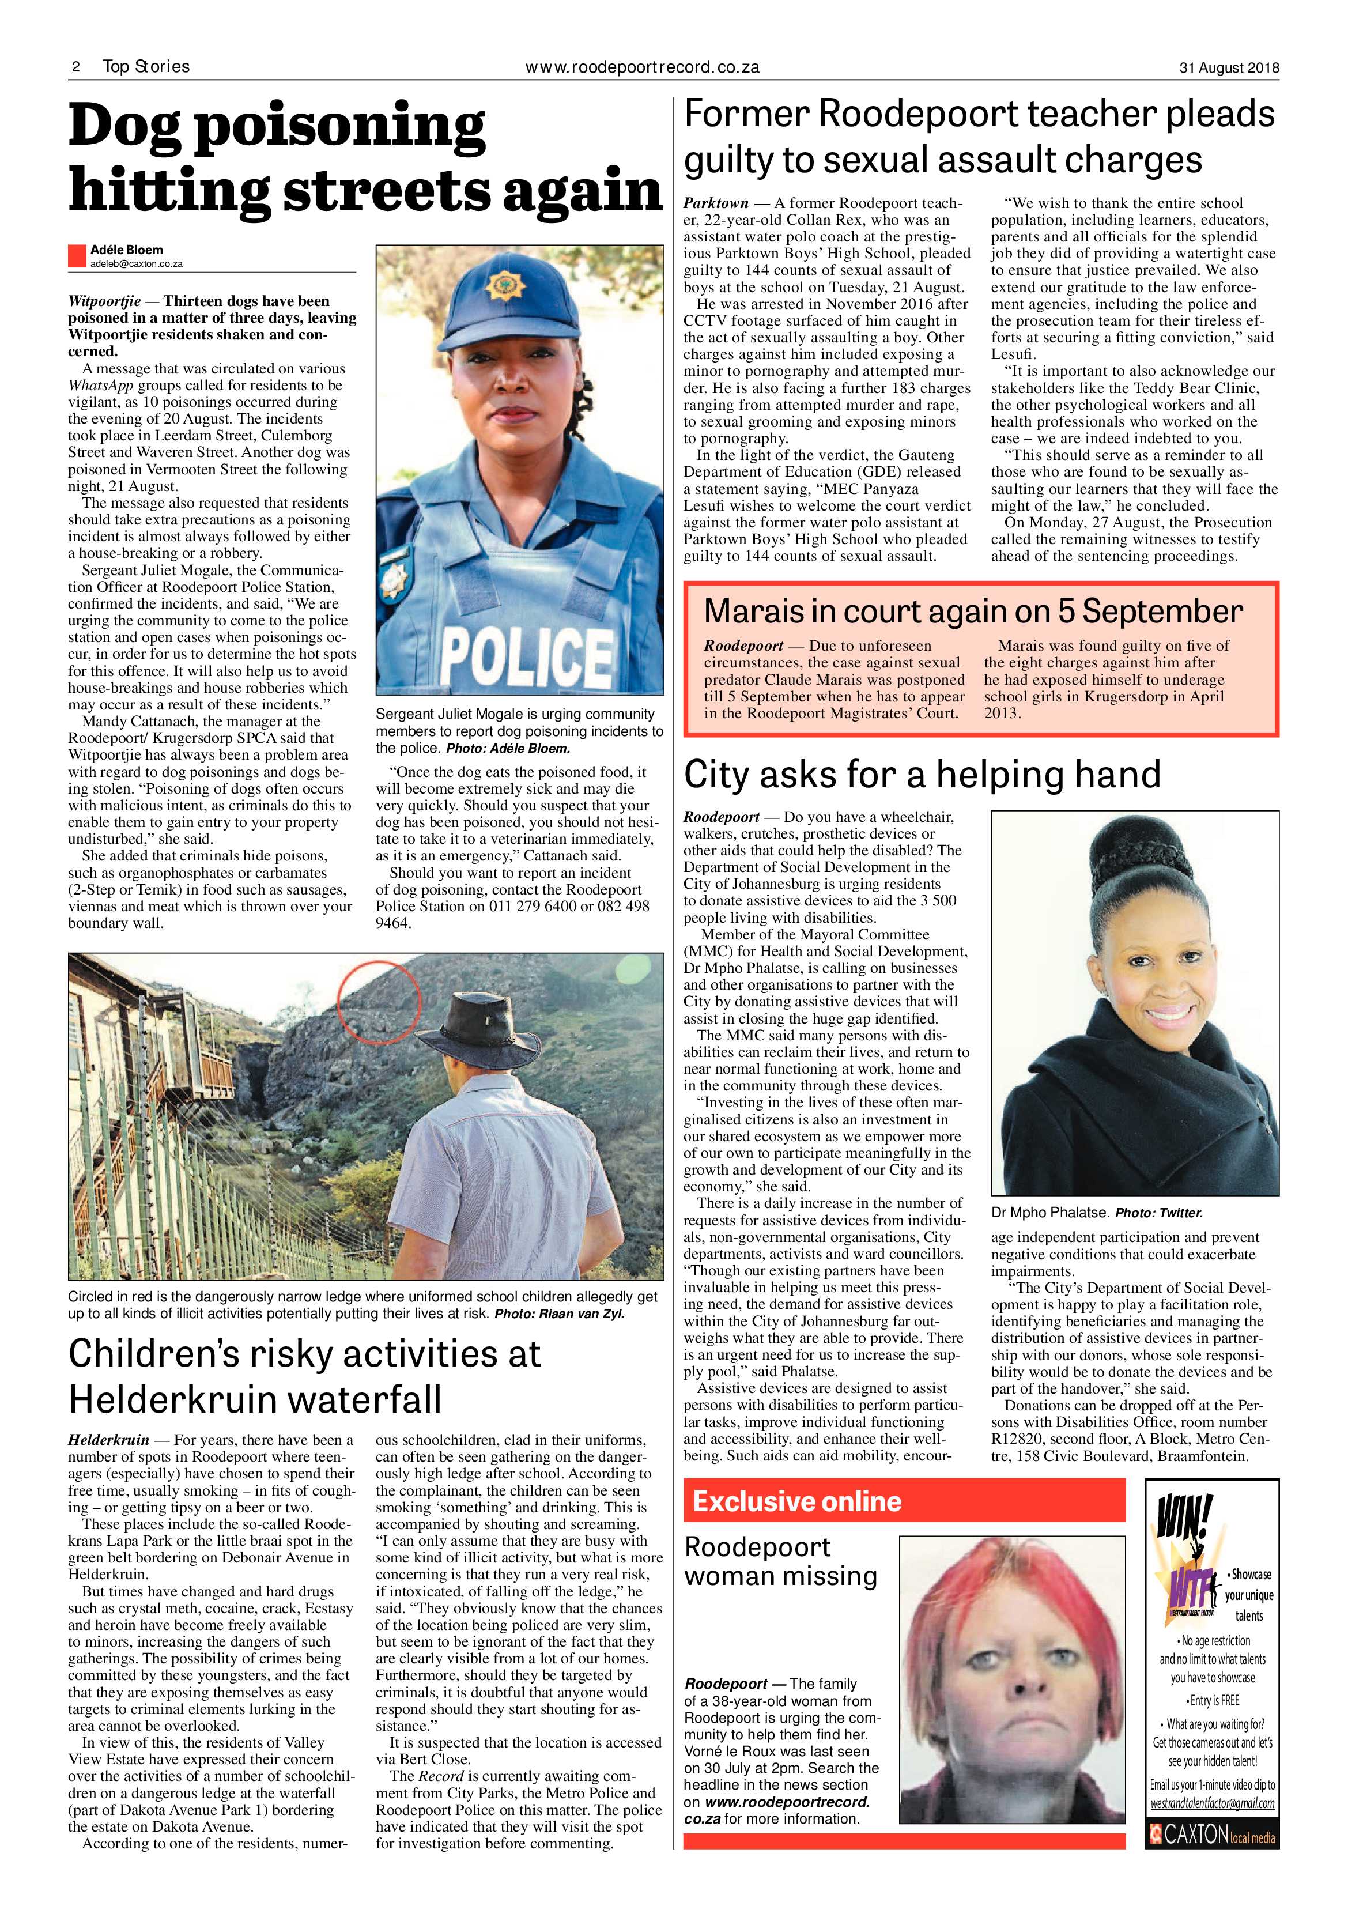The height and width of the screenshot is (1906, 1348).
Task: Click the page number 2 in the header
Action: pos(75,67)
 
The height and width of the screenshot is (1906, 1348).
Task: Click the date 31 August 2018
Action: pos(1229,68)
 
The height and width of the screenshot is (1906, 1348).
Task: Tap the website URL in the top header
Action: pos(643,67)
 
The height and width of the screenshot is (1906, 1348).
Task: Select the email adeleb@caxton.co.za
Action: pos(136,264)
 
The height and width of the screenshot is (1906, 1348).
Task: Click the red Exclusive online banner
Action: pos(903,1501)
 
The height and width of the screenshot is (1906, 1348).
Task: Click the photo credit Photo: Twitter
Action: pos(1159,1213)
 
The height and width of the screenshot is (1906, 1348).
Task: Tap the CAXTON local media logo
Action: pos(1212,1857)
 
